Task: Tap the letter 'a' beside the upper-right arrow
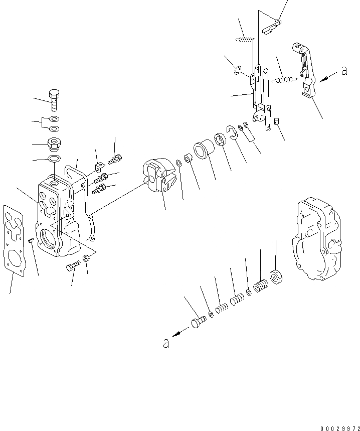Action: coord(344,71)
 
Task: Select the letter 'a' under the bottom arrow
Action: coord(165,343)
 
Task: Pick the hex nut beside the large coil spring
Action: coord(276,275)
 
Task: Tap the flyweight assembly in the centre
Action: coord(157,176)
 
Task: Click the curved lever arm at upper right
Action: coord(305,69)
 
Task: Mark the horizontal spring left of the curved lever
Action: coord(286,78)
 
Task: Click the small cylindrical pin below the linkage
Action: coord(277,120)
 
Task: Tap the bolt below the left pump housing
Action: coord(73,266)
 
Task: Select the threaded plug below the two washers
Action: coord(54,145)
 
